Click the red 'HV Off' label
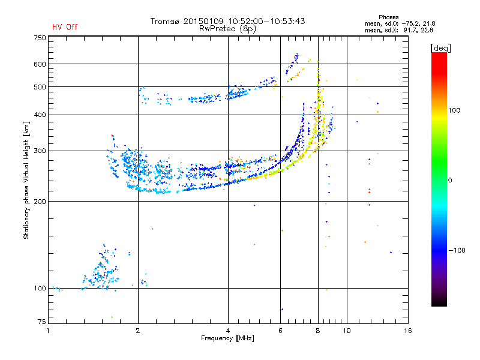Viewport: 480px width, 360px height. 65,27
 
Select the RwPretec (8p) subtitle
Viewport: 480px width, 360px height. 227,29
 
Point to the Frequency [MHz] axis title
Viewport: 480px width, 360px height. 227,338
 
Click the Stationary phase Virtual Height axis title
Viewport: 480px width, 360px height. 26,180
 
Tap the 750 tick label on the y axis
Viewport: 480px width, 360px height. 40,38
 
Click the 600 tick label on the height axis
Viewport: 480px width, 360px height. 40,64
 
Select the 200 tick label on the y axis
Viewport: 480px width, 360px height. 40,202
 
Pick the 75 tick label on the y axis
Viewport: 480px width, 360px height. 41,322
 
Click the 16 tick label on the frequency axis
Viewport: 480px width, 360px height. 408,331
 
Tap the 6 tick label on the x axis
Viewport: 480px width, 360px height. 280,331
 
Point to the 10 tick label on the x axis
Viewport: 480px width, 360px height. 347,331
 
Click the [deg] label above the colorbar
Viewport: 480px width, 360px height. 440,48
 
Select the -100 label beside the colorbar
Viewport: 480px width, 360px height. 457,250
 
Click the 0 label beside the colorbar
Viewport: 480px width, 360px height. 450,181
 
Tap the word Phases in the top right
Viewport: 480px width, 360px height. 388,17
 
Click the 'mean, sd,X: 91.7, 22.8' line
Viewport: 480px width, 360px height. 399,30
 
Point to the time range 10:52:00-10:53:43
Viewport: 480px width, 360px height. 266,21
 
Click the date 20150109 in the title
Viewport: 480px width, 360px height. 203,21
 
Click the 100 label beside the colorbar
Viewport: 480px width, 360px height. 454,110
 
